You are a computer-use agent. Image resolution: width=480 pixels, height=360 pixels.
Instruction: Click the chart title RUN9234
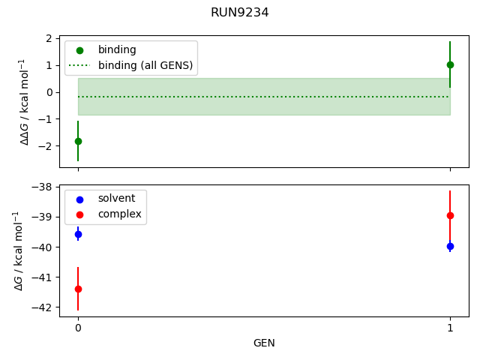(x=240, y=13)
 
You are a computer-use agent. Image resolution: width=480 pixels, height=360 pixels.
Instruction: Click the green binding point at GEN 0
(x=78, y=141)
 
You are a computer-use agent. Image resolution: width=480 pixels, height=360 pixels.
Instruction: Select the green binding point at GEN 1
(x=450, y=64)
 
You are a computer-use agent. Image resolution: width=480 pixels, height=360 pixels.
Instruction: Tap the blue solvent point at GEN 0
(x=78, y=235)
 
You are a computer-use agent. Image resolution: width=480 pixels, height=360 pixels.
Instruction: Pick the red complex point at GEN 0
(x=78, y=289)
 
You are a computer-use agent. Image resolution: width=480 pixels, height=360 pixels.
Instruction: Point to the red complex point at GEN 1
(x=450, y=215)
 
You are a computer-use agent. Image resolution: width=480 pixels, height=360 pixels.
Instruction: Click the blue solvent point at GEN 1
(x=450, y=246)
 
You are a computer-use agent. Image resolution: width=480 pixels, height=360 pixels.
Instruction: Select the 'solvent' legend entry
(x=116, y=199)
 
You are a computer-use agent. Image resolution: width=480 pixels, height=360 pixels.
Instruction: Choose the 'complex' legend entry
(x=119, y=214)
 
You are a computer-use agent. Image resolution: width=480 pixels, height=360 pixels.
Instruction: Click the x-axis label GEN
(x=264, y=343)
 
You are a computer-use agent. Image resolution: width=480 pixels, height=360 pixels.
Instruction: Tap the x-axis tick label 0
(x=78, y=328)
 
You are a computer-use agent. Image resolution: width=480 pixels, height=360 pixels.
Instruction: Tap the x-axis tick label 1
(x=450, y=328)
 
